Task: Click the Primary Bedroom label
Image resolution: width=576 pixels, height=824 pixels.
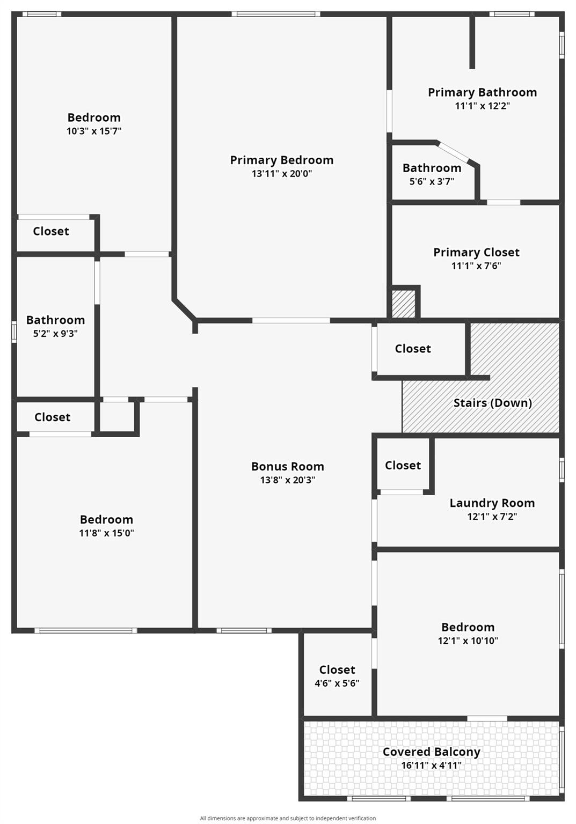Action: tap(282, 160)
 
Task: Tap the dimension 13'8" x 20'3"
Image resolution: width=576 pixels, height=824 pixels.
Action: tap(287, 480)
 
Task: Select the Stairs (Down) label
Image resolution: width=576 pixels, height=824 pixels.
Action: tap(492, 403)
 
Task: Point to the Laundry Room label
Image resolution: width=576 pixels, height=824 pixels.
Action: tap(492, 503)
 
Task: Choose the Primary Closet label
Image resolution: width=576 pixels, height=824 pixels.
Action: tap(476, 252)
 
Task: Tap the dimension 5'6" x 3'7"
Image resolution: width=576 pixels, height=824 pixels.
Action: tap(432, 181)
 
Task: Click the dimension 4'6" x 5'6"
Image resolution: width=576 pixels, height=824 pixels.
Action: tap(337, 683)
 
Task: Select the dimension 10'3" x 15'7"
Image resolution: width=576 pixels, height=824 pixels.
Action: tap(94, 131)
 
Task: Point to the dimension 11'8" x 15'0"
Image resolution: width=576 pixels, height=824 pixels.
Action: tap(106, 533)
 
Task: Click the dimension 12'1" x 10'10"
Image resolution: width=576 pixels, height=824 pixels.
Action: tap(468, 641)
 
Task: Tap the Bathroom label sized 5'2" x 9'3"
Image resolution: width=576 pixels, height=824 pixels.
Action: tap(56, 320)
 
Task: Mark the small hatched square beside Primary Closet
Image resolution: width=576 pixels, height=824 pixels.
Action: tap(403, 304)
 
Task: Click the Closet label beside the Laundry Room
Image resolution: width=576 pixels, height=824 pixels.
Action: tap(403, 465)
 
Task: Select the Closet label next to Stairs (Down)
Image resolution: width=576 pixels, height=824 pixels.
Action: tap(413, 349)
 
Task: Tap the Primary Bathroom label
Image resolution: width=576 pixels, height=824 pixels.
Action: tap(482, 92)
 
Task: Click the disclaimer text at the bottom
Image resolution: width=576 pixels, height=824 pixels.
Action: tap(288, 818)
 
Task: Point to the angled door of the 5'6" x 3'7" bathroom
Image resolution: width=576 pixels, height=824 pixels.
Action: tap(453, 152)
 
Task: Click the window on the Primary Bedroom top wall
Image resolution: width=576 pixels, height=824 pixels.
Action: tap(276, 14)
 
